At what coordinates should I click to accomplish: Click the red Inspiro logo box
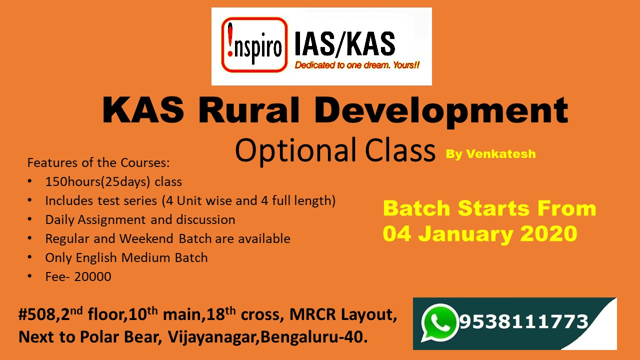click(x=254, y=45)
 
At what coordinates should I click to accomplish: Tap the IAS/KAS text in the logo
click(x=344, y=44)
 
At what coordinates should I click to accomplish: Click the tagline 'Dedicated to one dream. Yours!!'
click(x=357, y=65)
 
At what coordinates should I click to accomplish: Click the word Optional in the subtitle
click(x=295, y=149)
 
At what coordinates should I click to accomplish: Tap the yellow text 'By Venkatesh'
click(x=490, y=154)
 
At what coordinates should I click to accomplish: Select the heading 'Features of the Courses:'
click(x=98, y=163)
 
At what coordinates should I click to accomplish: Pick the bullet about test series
click(x=190, y=201)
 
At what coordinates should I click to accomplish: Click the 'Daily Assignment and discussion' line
click(x=140, y=220)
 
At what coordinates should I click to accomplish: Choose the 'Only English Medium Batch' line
click(x=126, y=258)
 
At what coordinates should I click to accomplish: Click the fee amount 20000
click(x=93, y=276)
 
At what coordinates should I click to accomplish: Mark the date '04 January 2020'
click(x=480, y=233)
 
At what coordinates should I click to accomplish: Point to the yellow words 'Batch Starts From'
click(x=489, y=208)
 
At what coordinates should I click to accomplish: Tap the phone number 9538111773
click(x=523, y=321)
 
